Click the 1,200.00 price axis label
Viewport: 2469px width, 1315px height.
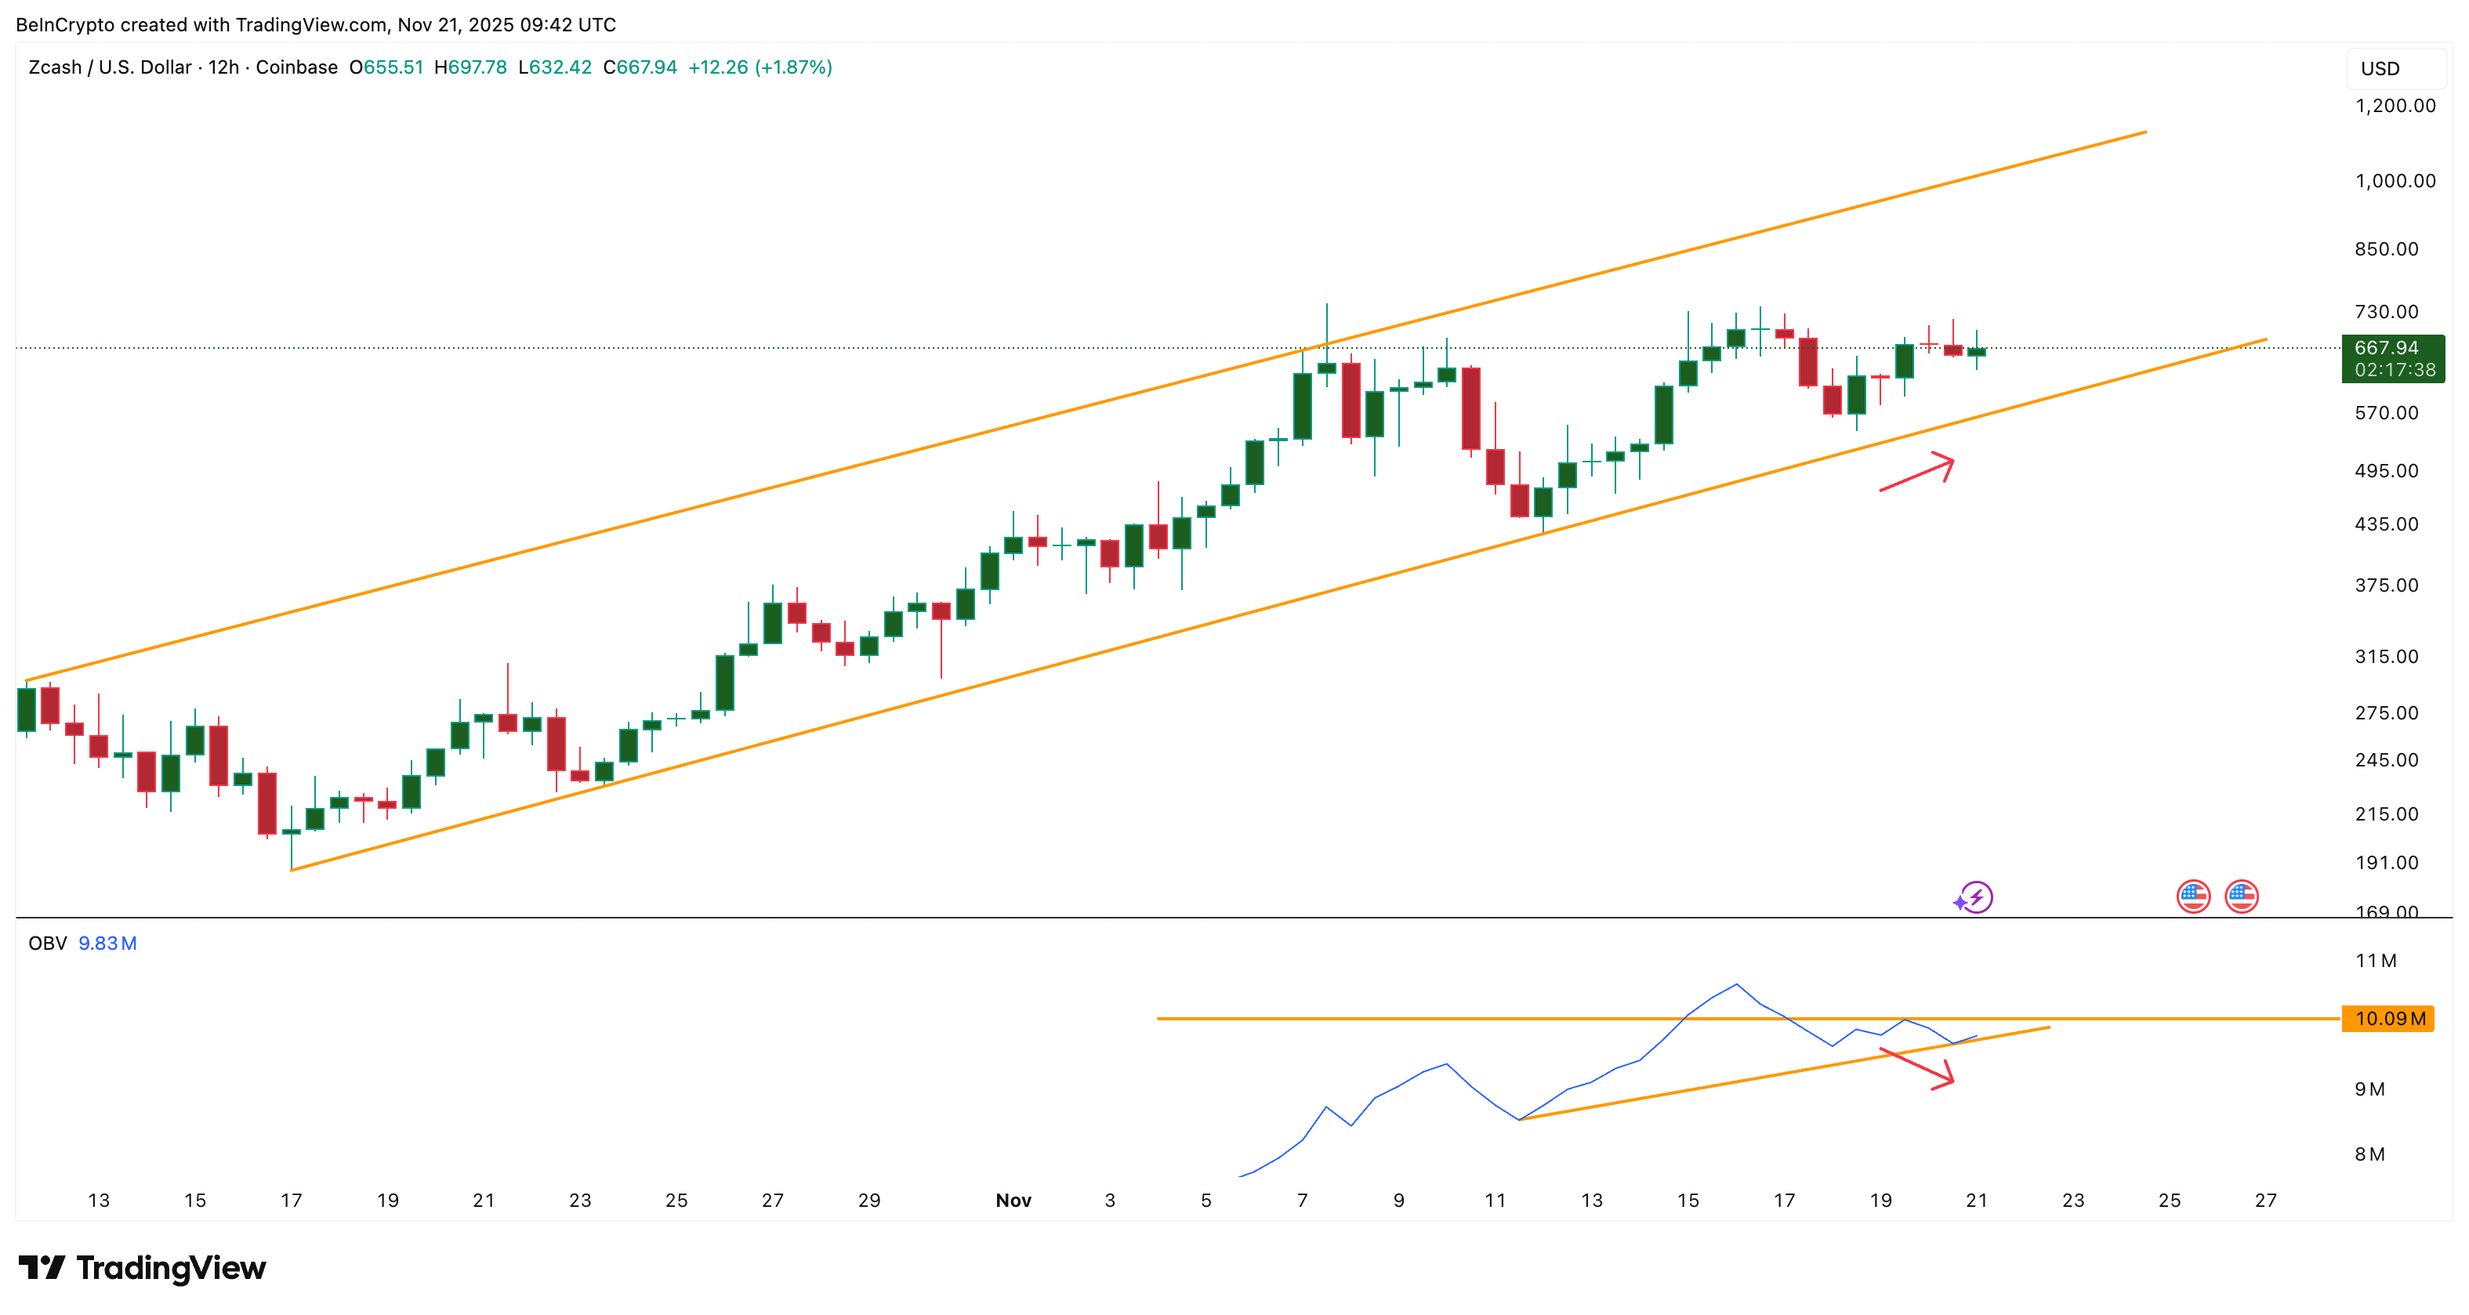[x=2395, y=106]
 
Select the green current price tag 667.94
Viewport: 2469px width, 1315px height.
[x=2391, y=349]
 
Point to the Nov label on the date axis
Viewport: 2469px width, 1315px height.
[x=1013, y=1200]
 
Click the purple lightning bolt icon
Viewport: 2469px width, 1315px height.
[x=1974, y=898]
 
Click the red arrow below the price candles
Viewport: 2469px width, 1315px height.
[x=1917, y=473]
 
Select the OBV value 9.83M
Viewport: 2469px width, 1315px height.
[x=107, y=943]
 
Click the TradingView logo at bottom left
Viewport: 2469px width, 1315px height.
[x=142, y=1268]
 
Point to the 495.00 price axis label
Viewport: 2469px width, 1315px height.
[x=2387, y=471]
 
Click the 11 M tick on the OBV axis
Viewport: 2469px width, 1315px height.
[x=2375, y=960]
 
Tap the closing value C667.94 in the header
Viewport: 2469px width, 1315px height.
[x=640, y=67]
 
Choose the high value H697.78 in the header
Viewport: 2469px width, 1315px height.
[x=470, y=67]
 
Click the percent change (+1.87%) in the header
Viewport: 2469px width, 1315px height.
[x=793, y=67]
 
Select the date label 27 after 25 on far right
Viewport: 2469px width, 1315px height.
[x=2265, y=1200]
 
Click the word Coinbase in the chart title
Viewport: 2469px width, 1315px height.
[x=296, y=67]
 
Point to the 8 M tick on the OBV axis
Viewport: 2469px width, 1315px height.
[x=2369, y=1154]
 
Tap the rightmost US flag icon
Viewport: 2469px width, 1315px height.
[x=2241, y=897]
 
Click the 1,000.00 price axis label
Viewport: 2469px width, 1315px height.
[x=2395, y=181]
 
